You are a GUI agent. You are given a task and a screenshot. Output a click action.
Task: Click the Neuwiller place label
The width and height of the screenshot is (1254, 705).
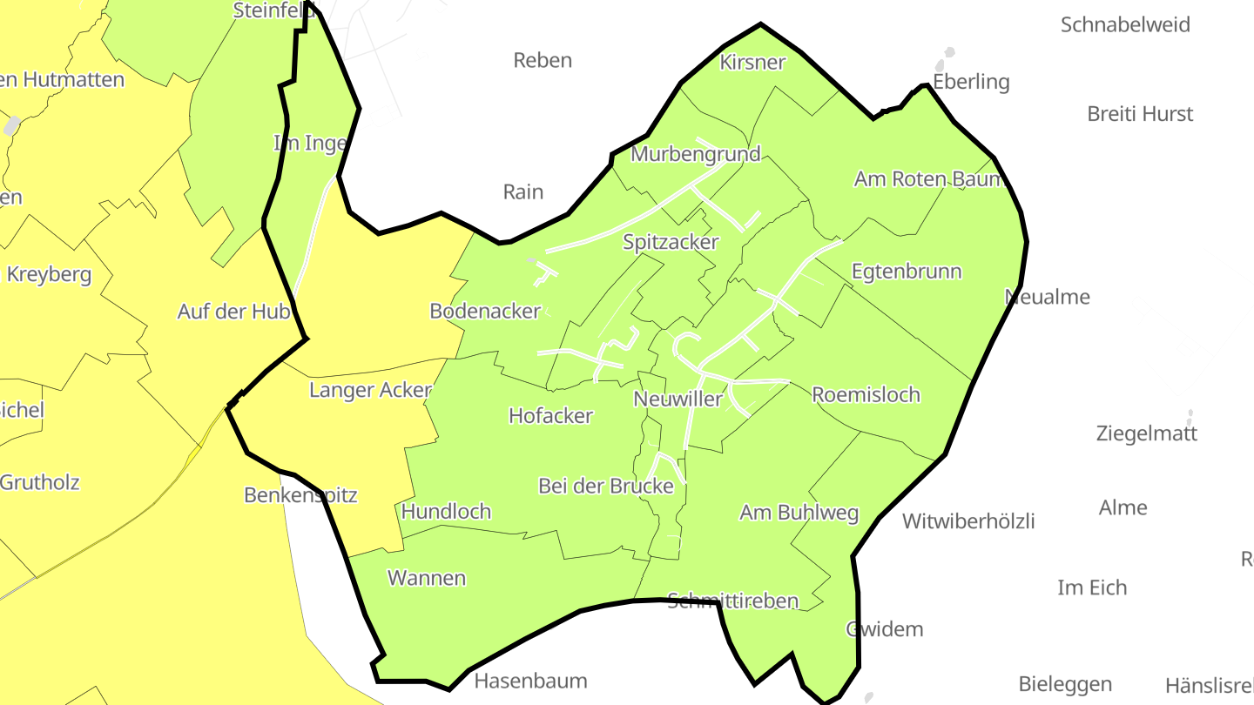point(678,399)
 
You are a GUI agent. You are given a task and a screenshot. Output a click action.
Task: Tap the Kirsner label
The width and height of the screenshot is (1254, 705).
point(752,63)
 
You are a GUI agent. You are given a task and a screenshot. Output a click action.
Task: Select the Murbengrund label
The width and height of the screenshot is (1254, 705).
point(695,155)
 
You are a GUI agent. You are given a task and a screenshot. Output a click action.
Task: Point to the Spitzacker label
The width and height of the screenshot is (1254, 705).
point(671,243)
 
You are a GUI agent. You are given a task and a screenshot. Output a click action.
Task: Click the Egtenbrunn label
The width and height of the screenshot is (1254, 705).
point(906,272)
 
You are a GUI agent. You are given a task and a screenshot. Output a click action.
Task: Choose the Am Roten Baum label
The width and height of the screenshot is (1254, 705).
point(929,179)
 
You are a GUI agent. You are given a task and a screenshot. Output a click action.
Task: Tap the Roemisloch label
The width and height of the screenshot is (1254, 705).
point(866,395)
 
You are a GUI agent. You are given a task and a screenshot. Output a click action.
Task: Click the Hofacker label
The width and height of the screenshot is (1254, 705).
point(550,416)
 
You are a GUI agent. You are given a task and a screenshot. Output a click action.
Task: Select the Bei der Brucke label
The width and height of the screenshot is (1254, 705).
point(606,487)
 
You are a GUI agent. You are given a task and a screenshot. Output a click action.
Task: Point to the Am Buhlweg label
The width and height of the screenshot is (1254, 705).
point(799,513)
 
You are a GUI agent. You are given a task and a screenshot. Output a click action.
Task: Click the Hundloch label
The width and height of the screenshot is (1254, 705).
point(446,512)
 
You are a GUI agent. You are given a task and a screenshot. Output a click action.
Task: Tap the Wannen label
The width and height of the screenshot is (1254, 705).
point(427,578)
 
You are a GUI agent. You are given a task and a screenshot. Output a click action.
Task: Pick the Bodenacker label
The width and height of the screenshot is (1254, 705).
point(485,312)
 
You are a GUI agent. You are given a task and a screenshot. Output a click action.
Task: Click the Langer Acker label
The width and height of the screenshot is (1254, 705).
point(370,391)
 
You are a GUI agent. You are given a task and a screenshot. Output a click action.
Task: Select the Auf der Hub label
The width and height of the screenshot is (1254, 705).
point(233,312)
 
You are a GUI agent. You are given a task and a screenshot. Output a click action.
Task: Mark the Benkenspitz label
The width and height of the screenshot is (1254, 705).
point(300,495)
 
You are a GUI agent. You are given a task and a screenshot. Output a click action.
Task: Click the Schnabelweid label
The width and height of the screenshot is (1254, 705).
point(1125,25)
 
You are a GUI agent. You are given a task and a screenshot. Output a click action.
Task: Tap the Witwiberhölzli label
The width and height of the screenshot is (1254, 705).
point(968,522)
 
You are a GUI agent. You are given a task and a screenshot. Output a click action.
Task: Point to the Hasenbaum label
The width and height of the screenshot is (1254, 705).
point(530,681)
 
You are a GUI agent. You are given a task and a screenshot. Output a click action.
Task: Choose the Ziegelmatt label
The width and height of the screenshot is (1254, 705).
point(1146,433)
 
